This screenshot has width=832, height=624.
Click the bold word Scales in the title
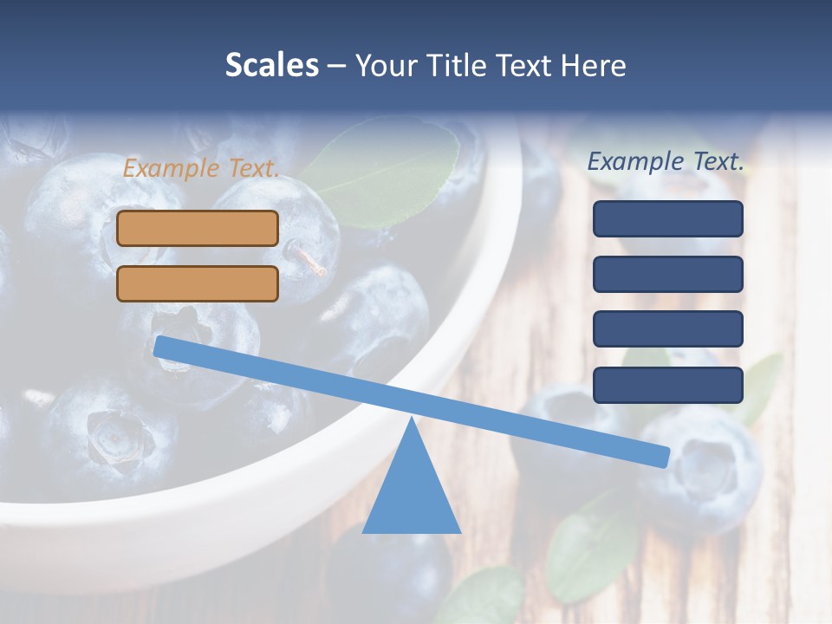(271, 66)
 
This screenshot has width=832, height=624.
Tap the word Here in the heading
(591, 66)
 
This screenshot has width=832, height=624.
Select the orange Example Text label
(201, 168)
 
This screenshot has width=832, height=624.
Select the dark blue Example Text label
(666, 161)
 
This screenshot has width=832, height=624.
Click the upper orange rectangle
(198, 228)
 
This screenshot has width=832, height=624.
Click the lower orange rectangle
(198, 283)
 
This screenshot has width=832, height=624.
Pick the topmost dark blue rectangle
(668, 218)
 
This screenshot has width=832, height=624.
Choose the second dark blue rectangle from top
(668, 274)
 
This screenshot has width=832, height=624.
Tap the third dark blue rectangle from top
(668, 328)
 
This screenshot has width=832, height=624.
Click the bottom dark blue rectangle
(668, 385)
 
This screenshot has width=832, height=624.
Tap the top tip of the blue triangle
(412, 421)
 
